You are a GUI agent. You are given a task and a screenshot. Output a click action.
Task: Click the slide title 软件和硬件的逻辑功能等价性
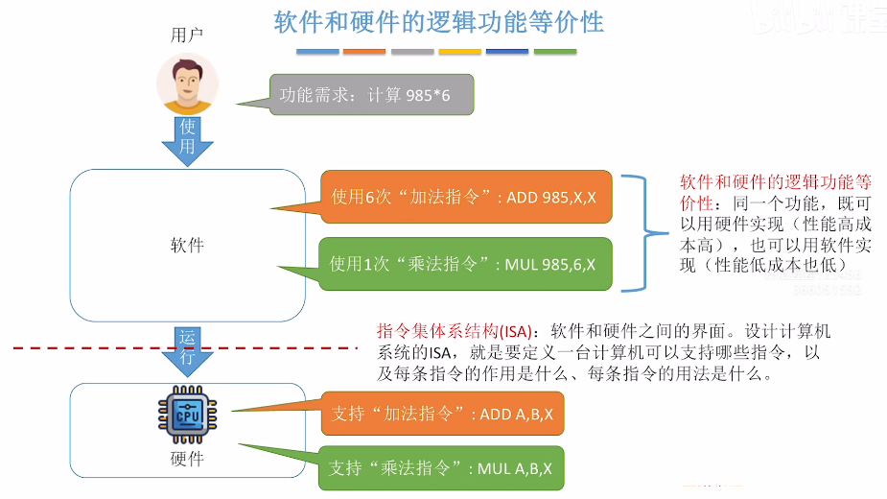pos(439,22)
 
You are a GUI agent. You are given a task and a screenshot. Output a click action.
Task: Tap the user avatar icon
pos(188,83)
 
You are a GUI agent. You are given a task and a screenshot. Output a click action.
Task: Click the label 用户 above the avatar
pos(187,35)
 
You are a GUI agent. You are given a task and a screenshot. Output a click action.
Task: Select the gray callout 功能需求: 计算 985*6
pos(372,96)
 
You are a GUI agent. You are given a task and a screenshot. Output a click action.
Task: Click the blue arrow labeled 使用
pos(188,137)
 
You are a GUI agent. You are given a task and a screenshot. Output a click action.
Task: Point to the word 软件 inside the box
pos(187,245)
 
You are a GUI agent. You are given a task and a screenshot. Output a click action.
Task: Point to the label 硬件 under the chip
pos(187,458)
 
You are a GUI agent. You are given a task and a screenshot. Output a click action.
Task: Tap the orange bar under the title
pos(363,51)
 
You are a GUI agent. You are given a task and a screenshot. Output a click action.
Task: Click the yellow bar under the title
pos(459,51)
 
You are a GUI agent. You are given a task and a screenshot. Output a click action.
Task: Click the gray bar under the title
pos(412,51)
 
